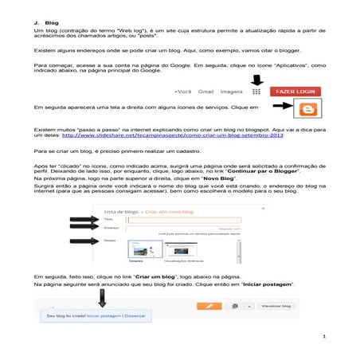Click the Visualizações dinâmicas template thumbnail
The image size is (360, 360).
181,249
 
